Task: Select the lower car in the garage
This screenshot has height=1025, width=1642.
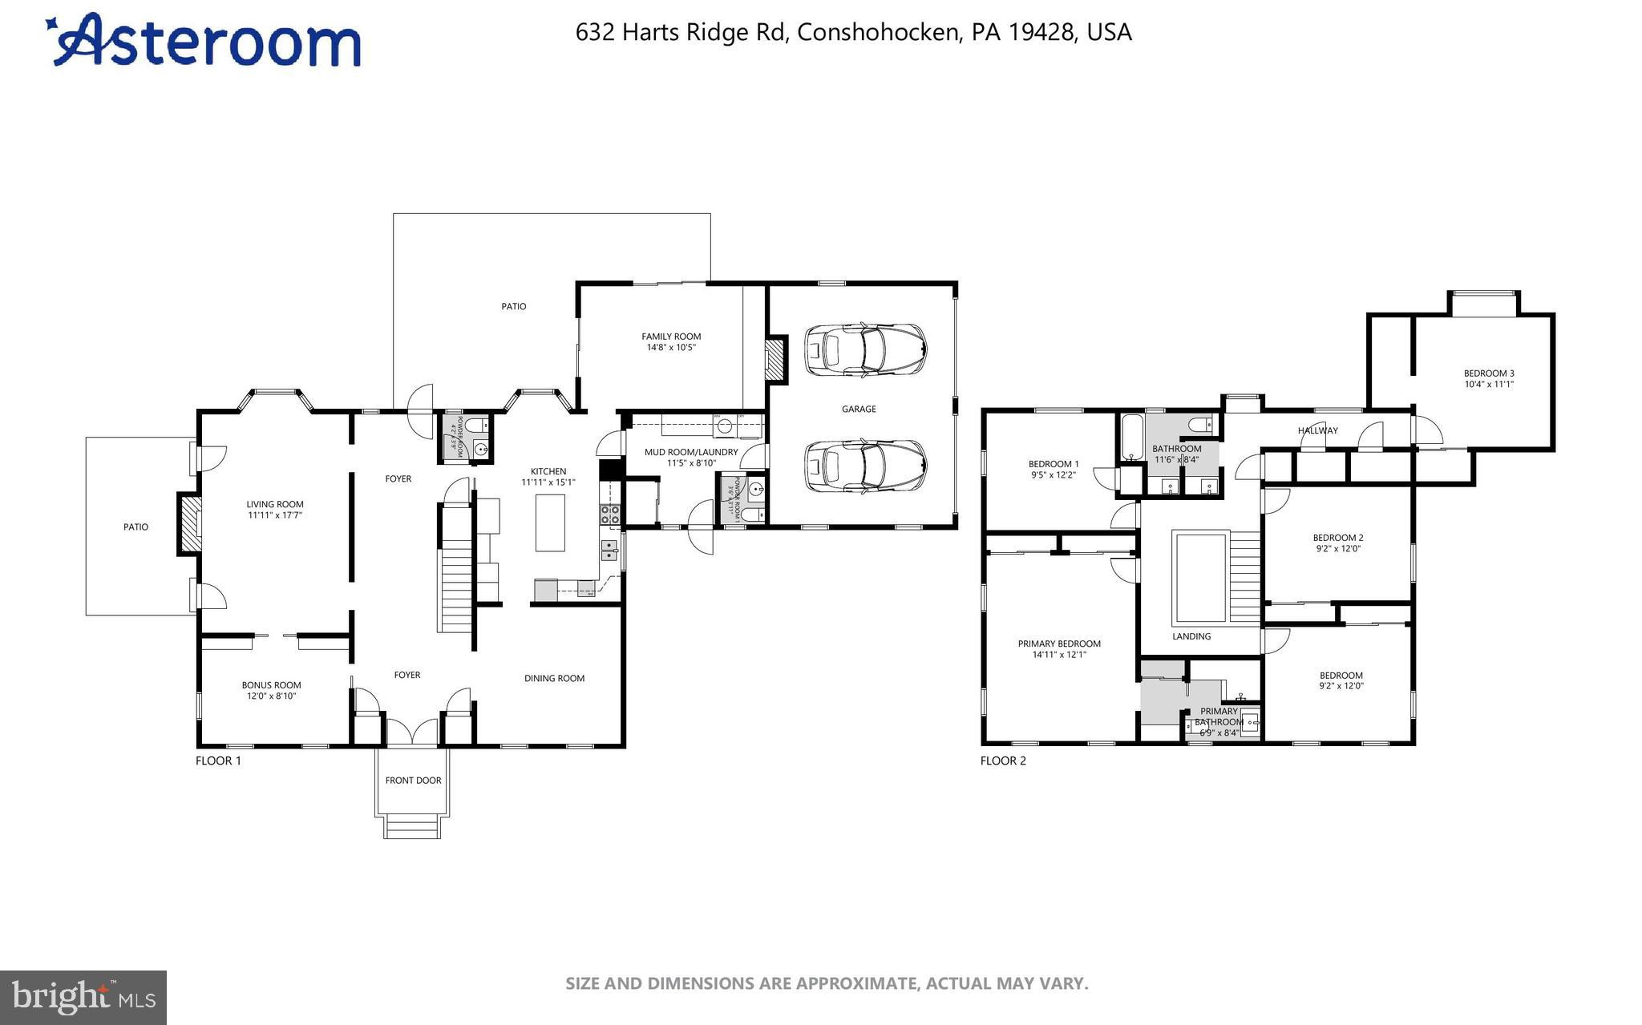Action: tap(865, 466)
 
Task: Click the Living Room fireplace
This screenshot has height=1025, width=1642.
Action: tap(190, 524)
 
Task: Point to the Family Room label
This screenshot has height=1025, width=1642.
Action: tap(671, 337)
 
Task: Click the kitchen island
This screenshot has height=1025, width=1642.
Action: tap(550, 523)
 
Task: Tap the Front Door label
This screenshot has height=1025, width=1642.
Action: tap(413, 780)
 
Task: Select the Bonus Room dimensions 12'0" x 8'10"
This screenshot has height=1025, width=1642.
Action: tap(271, 696)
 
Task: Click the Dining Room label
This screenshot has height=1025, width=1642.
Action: tap(554, 678)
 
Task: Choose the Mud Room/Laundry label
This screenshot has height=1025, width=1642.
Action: tap(691, 452)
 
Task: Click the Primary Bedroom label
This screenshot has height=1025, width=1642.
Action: tap(1059, 644)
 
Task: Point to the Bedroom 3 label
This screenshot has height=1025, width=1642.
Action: tap(1489, 373)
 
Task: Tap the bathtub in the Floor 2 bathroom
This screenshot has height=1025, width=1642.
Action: tap(1131, 438)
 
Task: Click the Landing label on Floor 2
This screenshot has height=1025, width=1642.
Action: tap(1191, 636)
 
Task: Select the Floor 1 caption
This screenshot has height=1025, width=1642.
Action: tap(218, 761)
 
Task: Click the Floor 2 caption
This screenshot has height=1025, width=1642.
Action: tap(1003, 761)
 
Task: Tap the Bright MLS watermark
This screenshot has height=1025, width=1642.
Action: tap(83, 997)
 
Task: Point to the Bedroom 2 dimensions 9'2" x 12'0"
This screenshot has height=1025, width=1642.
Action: tap(1338, 549)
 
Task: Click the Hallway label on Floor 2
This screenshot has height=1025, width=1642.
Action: tap(1317, 430)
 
